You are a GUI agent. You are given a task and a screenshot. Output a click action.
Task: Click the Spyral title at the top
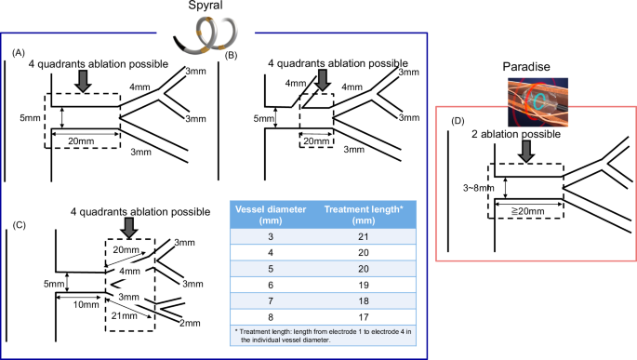pos(206,6)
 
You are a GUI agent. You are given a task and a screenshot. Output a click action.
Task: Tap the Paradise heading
pos(526,67)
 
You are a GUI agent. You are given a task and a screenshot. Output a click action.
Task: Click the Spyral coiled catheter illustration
pos(206,35)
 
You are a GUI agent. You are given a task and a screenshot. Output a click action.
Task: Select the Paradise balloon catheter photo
pos(537,102)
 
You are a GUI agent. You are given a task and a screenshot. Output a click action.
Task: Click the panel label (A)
pos(19,53)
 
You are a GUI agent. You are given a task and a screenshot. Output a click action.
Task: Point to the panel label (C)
pos(20,225)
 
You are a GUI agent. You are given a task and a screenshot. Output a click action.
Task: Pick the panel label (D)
pos(458,121)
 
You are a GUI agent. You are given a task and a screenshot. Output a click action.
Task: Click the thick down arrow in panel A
pos(84,81)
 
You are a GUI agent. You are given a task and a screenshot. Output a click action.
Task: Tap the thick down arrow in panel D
pos(526,152)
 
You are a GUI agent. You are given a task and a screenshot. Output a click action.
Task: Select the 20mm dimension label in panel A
pos(81,141)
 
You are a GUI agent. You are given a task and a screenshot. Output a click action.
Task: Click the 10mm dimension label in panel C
pos(86,304)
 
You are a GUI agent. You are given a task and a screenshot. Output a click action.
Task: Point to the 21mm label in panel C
pos(125,315)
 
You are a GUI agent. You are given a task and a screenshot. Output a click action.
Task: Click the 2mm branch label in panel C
pos(190,324)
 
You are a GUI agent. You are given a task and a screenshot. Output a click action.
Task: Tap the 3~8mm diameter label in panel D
pos(479,188)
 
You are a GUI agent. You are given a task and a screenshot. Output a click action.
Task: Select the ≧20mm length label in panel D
pos(527,211)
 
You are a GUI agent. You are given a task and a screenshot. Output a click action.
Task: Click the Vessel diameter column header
pos(271,215)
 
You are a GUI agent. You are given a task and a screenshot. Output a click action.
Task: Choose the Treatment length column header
pos(364,215)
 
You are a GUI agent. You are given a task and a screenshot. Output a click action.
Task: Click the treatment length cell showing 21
pos(364,237)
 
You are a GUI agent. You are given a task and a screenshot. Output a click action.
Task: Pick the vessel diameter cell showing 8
pos(271,317)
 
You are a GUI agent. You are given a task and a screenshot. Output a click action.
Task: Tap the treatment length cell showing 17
pos(364,317)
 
